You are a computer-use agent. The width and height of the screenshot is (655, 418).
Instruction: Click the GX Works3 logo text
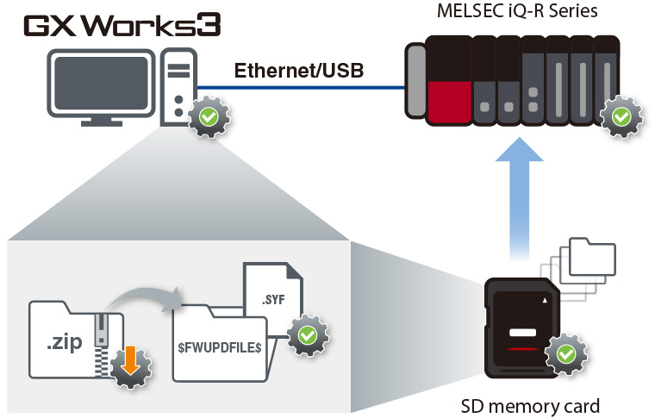(122, 25)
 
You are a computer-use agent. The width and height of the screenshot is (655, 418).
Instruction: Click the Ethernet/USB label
(298, 70)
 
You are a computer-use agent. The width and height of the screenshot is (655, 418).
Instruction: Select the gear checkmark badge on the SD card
(565, 353)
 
